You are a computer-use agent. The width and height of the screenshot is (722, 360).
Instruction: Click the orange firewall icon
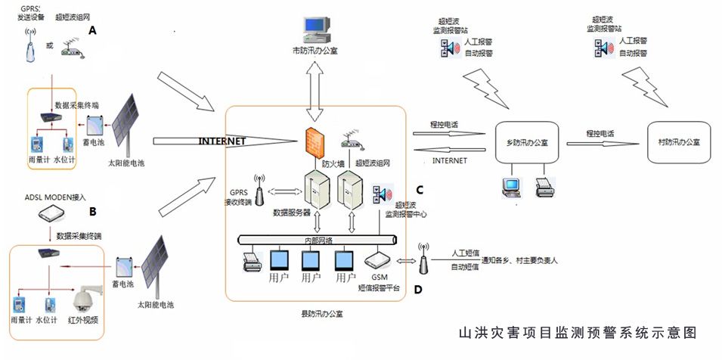pyautogui.click(x=315, y=144)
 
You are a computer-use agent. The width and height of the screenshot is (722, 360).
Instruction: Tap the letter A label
pyautogui.click(x=93, y=30)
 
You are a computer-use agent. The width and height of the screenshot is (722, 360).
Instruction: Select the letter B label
pyautogui.click(x=93, y=211)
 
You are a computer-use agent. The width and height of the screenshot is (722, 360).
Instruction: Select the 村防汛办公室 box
pyautogui.click(x=678, y=142)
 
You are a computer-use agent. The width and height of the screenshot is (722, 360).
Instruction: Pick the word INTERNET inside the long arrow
pyautogui.click(x=222, y=141)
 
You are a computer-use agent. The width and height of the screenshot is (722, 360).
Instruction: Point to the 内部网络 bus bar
pyautogui.click(x=318, y=240)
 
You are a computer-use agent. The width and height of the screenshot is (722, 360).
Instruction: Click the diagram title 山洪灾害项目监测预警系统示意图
pyautogui.click(x=577, y=333)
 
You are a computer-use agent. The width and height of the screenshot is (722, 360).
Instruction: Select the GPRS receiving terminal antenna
pyautogui.click(x=259, y=194)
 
